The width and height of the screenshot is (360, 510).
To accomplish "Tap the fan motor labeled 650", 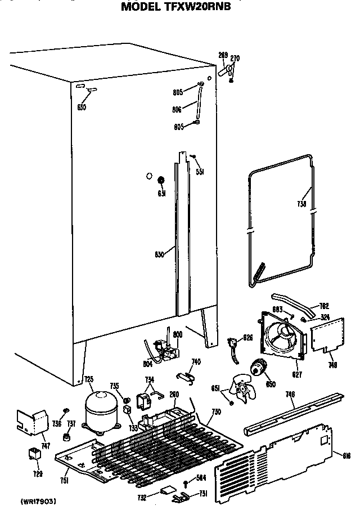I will click(x=260, y=367).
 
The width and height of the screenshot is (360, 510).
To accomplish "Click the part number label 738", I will click(x=301, y=204).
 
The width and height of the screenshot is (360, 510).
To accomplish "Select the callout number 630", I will click(x=82, y=107).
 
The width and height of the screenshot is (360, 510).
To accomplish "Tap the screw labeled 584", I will click(x=186, y=481).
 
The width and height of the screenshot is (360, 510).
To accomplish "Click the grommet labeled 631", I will click(x=161, y=180).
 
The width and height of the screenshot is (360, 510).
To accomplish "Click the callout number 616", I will click(x=339, y=454).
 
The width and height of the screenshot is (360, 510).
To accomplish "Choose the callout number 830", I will click(x=159, y=254).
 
